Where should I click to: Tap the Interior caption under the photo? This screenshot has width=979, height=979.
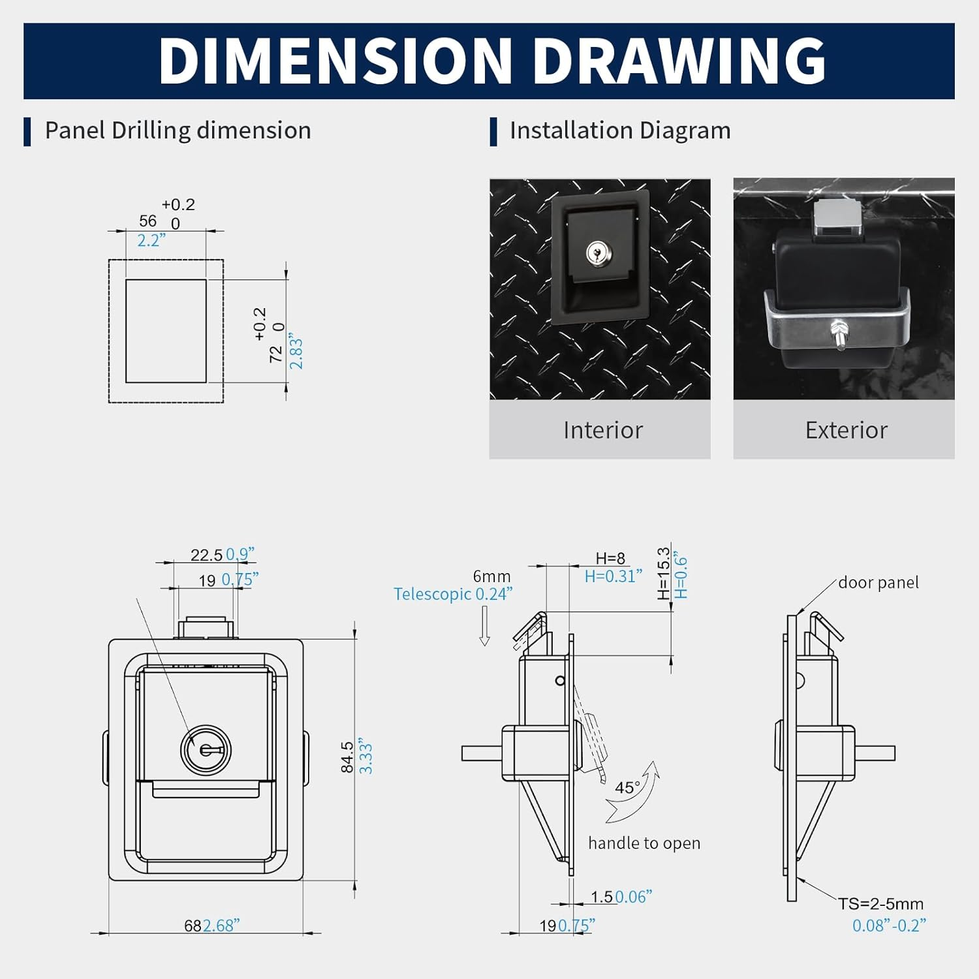(603, 430)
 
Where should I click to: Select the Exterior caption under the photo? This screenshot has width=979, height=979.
(847, 430)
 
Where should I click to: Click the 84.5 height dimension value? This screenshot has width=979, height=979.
(347, 757)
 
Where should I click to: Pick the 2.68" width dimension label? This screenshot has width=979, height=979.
(221, 925)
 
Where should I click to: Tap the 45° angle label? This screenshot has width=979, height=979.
(627, 788)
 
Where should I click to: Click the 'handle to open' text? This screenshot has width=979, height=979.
(644, 843)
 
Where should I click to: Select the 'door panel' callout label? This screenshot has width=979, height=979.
(878, 582)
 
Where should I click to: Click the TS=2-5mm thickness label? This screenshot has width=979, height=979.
(881, 904)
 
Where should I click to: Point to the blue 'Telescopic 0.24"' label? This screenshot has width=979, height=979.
(453, 594)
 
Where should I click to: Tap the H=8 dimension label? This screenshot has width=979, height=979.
(610, 558)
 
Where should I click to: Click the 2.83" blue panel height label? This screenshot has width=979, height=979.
(296, 352)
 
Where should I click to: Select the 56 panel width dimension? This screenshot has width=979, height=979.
(148, 221)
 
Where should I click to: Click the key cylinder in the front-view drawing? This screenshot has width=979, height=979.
(206, 750)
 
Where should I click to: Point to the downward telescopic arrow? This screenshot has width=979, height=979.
(484, 626)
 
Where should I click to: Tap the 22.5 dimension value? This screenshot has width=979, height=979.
(206, 555)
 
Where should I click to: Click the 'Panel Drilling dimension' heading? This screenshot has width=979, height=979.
(178, 131)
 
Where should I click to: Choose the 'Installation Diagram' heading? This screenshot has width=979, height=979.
(620, 131)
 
